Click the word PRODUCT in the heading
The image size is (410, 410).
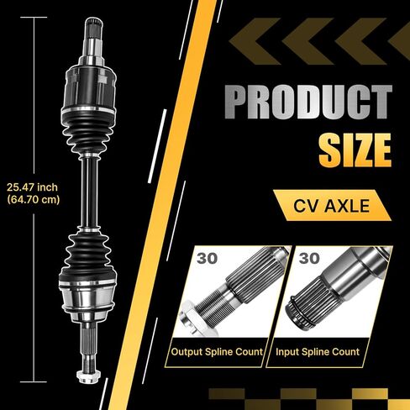coord(308,102)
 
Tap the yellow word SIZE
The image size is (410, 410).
coord(355,150)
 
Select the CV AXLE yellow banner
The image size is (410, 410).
coord(332,205)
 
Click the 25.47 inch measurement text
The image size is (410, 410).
coord(32,187)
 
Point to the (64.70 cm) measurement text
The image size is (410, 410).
coord(34,200)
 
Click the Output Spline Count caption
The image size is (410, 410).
coord(217,352)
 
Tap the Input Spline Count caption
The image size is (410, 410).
coord(318,352)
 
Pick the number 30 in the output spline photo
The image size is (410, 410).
coord(207,258)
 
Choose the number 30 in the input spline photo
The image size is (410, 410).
coord(309,258)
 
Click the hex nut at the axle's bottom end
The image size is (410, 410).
coord(88,376)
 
